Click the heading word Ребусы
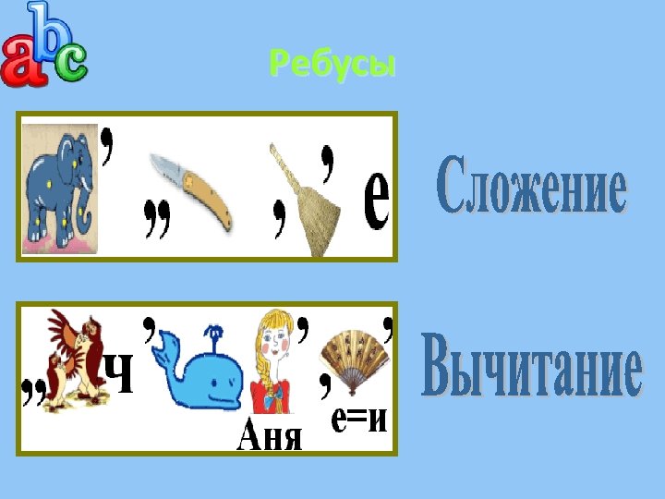click(332, 65)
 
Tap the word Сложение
click(531, 187)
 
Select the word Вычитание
click(531, 370)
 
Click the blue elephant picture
click(61, 189)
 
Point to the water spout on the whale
click(214, 335)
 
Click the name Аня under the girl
click(270, 434)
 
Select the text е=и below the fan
click(359, 420)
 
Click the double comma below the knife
click(158, 222)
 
